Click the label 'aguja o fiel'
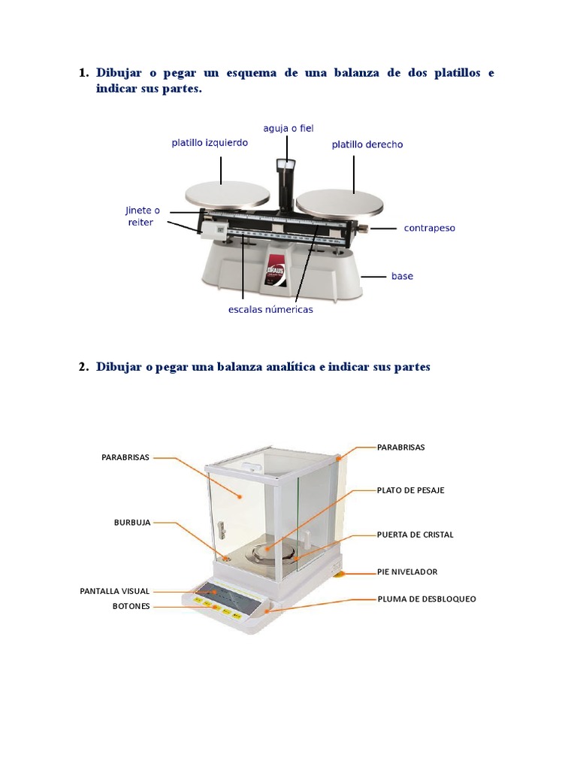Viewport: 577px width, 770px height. click(288, 129)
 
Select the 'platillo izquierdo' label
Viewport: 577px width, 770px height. click(210, 142)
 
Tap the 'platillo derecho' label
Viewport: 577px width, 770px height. click(367, 144)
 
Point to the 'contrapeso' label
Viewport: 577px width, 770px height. click(429, 227)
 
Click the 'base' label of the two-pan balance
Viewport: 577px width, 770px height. click(402, 276)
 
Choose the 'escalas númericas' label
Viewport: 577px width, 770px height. click(270, 309)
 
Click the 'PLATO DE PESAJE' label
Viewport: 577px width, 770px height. click(411, 490)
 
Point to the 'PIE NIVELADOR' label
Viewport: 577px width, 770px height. click(407, 571)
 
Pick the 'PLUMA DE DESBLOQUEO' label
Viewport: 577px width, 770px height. click(427, 599)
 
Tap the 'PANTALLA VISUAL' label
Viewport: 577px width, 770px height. click(115, 591)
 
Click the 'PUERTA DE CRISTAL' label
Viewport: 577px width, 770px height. click(415, 535)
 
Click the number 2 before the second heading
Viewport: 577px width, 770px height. click(82, 367)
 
